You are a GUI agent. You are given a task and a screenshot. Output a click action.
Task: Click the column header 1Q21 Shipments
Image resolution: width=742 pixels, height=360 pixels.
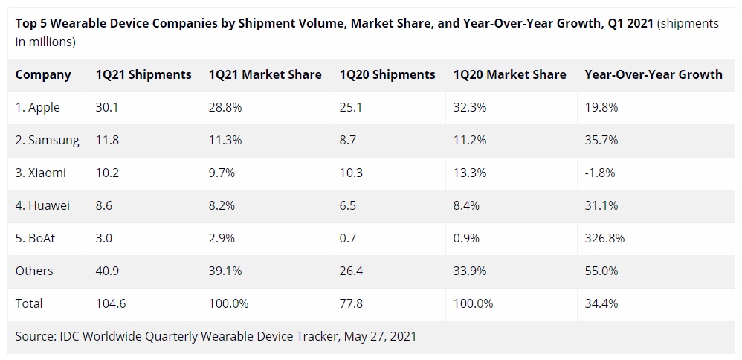coord(143,74)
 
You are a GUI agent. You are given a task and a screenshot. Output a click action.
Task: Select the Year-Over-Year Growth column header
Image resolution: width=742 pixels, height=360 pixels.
coord(654,74)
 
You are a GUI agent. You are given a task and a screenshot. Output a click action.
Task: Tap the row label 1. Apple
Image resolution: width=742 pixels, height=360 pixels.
coord(37,107)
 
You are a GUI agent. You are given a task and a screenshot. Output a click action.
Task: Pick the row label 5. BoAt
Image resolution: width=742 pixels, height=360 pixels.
coord(37,238)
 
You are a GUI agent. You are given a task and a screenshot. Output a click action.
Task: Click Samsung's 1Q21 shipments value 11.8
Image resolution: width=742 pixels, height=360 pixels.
coord(107,140)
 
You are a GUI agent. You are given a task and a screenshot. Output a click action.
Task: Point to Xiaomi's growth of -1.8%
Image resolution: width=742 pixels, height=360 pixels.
coord(601,173)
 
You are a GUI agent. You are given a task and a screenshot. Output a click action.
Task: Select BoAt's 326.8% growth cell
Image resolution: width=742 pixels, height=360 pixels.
coord(604,238)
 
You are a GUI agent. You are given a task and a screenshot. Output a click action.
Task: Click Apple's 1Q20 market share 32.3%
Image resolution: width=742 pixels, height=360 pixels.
coord(470,107)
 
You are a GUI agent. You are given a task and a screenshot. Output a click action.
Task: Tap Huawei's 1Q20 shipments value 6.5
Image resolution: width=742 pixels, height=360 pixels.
coord(349,205)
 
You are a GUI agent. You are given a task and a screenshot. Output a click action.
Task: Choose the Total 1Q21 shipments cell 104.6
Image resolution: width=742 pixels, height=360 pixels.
coord(111,303)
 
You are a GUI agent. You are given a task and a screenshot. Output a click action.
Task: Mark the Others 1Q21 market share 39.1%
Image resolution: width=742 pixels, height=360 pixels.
coord(225,271)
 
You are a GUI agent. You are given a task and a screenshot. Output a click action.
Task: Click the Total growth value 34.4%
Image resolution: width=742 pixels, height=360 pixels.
coord(601,303)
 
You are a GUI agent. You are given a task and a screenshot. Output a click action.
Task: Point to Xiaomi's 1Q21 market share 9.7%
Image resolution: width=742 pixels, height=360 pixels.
coord(222,173)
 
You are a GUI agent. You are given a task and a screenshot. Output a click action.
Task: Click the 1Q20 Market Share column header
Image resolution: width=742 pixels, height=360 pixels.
coord(509,74)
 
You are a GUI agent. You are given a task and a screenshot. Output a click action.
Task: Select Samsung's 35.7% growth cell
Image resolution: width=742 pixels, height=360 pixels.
coord(601,140)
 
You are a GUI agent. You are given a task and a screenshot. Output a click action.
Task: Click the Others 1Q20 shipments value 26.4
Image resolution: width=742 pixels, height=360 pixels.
coord(351,271)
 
